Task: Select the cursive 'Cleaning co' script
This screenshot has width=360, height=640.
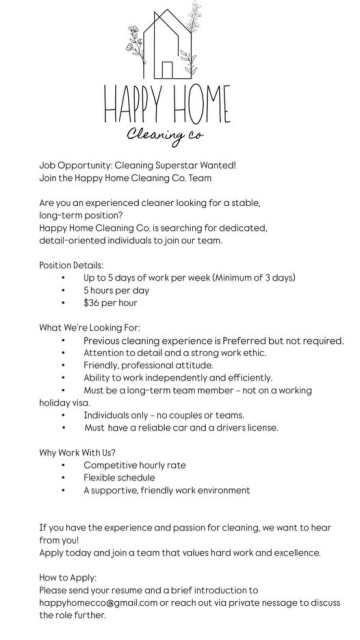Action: tap(181, 136)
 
